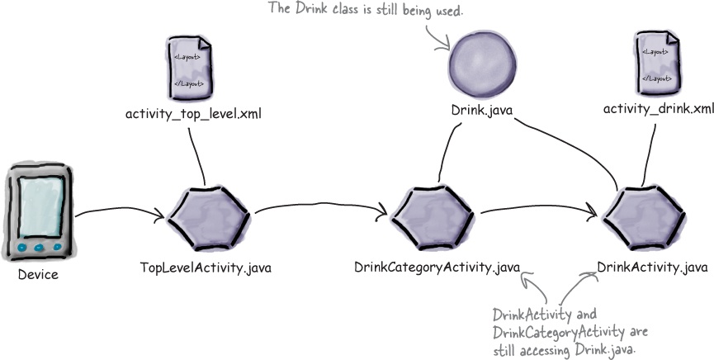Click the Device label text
click(38, 275)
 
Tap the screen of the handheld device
click(40, 206)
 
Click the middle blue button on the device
click(39, 248)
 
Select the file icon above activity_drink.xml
click(658, 63)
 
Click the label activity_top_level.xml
click(193, 114)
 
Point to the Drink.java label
click(482, 110)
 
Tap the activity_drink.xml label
click(659, 109)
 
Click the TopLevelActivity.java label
click(206, 268)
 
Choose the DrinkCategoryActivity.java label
click(437, 268)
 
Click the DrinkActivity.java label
click(652, 268)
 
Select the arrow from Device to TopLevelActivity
click(120, 211)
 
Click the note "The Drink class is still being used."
click(366, 9)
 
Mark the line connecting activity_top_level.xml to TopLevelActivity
click(196, 156)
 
